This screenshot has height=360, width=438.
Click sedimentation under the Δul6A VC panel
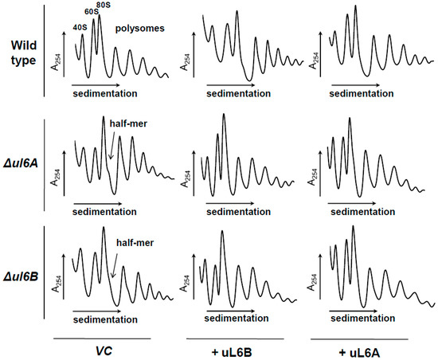pos(101,213)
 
